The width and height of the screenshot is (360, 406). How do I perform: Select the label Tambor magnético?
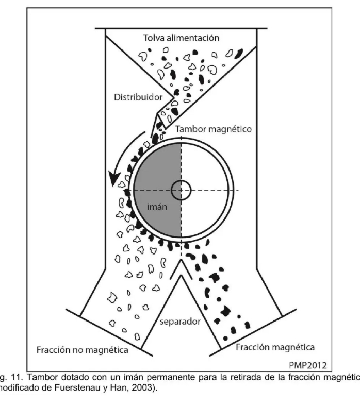[214, 130]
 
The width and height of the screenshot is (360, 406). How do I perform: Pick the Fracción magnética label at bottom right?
[275, 346]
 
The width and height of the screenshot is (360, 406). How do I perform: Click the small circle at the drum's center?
[181, 190]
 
